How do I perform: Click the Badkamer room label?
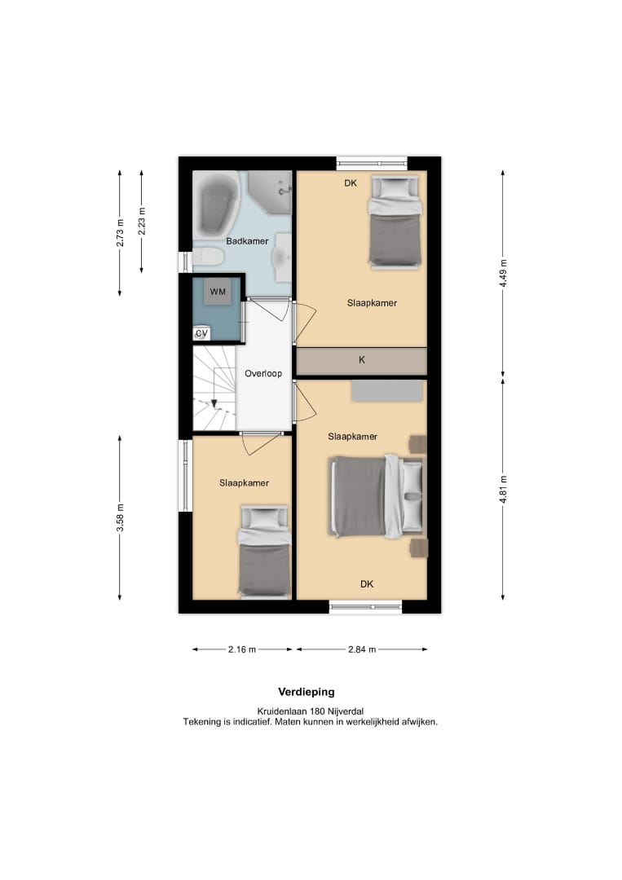(x=247, y=241)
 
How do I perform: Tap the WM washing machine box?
(x=218, y=292)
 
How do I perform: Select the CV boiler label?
(x=201, y=333)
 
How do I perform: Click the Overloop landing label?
(x=263, y=374)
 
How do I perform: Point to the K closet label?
(x=361, y=360)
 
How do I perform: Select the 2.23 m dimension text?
(x=142, y=221)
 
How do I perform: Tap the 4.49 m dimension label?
(x=503, y=273)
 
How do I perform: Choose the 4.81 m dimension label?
(x=503, y=490)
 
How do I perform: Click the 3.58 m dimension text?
(x=120, y=518)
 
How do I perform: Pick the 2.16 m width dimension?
(x=242, y=649)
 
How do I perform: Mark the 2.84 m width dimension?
(x=362, y=649)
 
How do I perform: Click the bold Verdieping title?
(x=307, y=692)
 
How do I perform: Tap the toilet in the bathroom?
(x=208, y=257)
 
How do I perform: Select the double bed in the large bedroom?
(x=377, y=496)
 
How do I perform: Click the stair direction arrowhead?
(x=214, y=403)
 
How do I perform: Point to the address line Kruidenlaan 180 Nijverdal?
(x=311, y=711)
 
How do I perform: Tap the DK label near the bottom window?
(x=367, y=584)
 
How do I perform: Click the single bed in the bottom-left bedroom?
(x=264, y=552)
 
